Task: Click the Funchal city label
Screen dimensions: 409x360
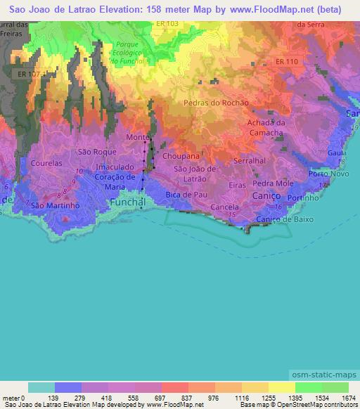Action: pyautogui.click(x=127, y=202)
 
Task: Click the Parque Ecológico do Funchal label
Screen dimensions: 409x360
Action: pyautogui.click(x=127, y=53)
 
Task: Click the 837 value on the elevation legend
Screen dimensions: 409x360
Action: pyautogui.click(x=175, y=398)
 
